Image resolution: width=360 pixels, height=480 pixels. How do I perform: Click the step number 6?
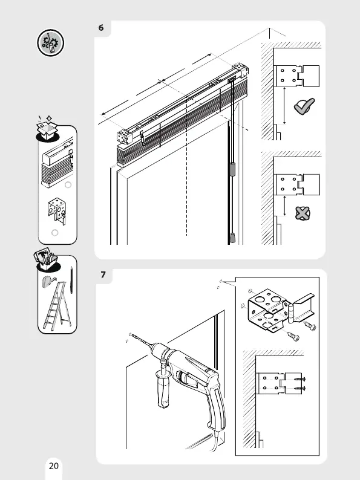pyautogui.click(x=101, y=28)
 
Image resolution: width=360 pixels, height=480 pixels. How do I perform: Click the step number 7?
pyautogui.click(x=103, y=274)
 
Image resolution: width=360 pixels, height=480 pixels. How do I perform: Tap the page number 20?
pyautogui.click(x=54, y=466)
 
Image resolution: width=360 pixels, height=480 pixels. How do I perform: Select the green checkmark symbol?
pyautogui.click(x=304, y=106)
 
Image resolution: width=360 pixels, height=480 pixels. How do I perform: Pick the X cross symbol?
pyautogui.click(x=303, y=213)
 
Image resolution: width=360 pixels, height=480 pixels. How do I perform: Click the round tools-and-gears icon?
pyautogui.click(x=51, y=42)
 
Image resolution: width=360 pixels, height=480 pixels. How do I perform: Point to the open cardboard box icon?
pyautogui.click(x=47, y=129)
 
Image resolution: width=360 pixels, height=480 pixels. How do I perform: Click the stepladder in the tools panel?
pyautogui.click(x=57, y=306)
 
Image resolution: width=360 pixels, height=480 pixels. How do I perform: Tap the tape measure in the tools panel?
pyautogui.click(x=48, y=281)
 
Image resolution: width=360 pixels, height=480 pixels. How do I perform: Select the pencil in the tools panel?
pyautogui.click(x=71, y=280)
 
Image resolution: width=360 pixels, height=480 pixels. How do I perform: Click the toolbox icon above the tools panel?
pyautogui.click(x=46, y=259)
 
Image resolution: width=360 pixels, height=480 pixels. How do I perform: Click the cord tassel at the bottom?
pyautogui.click(x=233, y=238)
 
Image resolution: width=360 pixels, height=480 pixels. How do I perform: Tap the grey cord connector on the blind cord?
pyautogui.click(x=232, y=169)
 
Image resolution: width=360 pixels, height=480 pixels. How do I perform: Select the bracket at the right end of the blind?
pyautogui.click(x=241, y=70)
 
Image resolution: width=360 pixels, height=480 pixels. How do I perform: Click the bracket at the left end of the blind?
pyautogui.click(x=125, y=137)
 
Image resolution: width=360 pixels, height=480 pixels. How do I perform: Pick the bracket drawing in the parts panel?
pyautogui.click(x=57, y=210)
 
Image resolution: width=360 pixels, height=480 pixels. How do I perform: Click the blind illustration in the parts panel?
pyautogui.click(x=57, y=163)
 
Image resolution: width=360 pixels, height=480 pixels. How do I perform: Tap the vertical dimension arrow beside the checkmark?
pyautogui.click(x=284, y=106)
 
